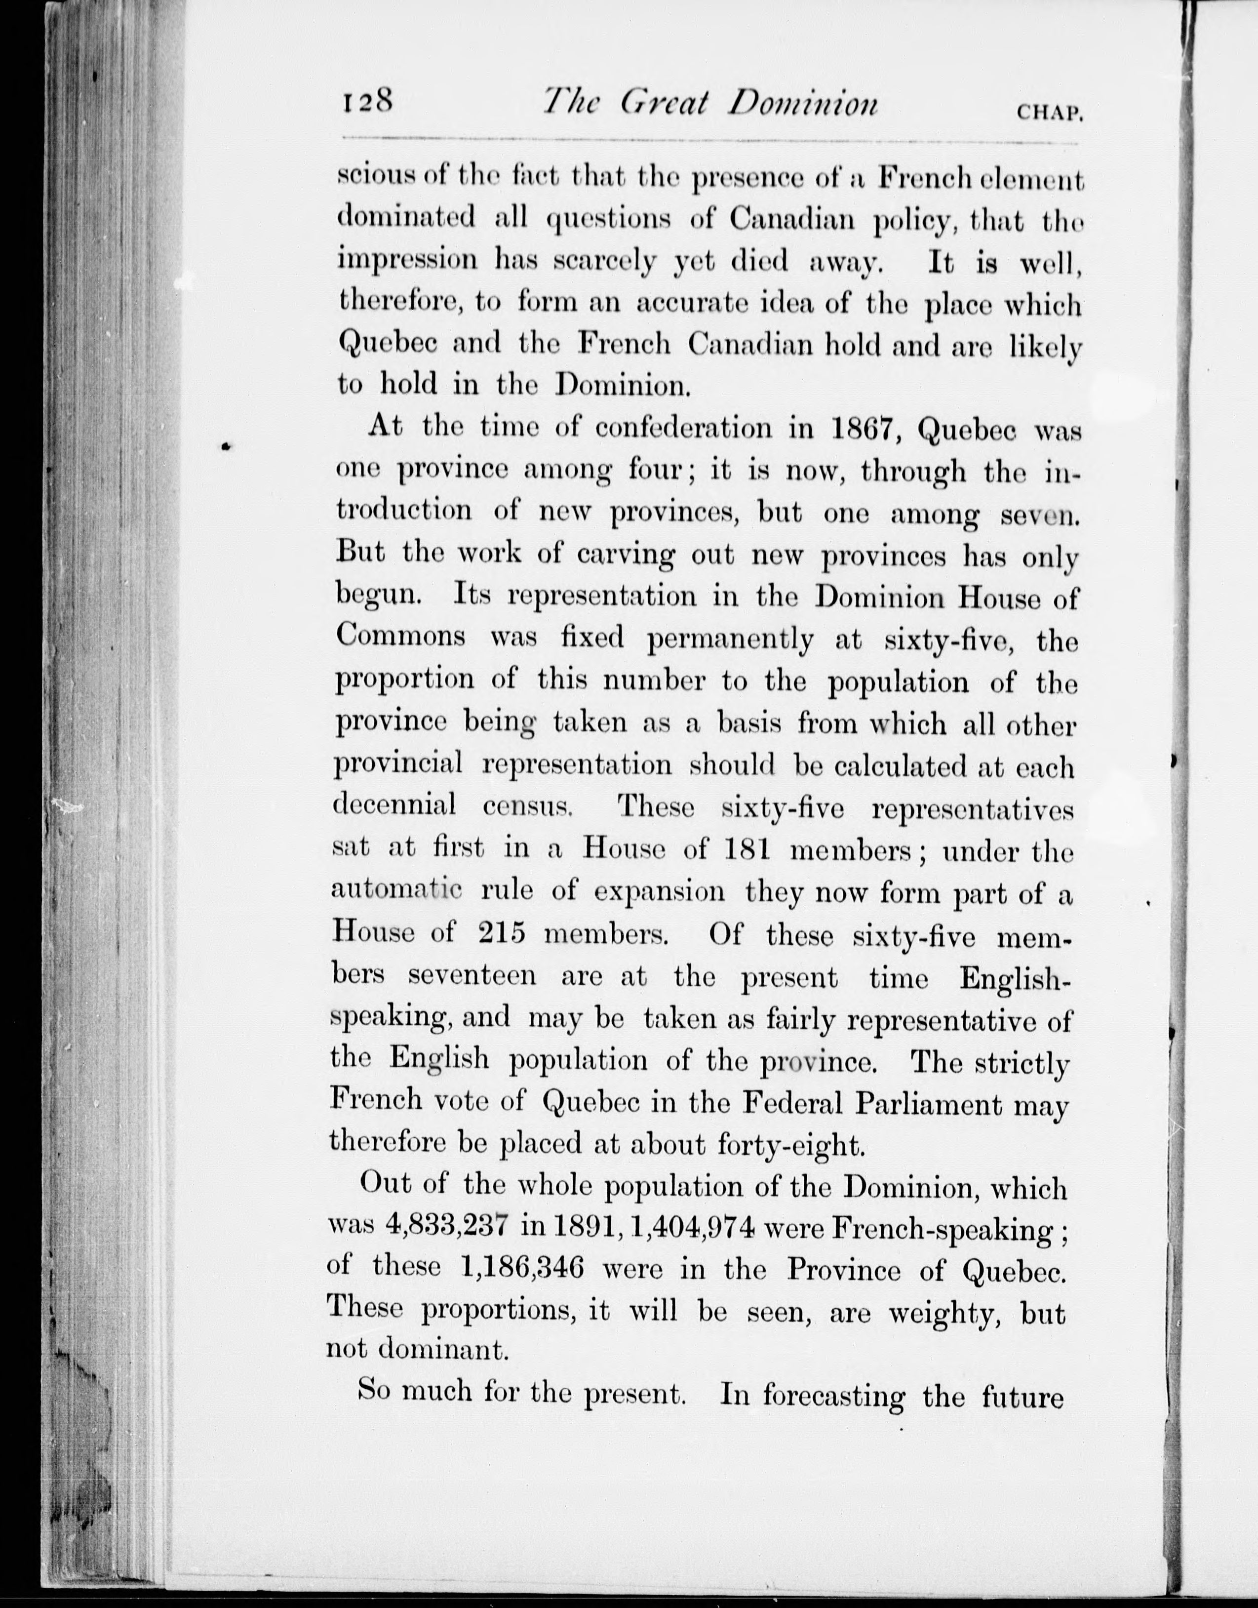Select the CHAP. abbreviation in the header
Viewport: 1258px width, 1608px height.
pyautogui.click(x=1048, y=113)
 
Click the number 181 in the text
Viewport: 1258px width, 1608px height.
pyautogui.click(x=747, y=851)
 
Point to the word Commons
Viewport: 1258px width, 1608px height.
pyautogui.click(x=401, y=637)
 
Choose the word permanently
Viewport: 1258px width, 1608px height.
pyautogui.click(x=731, y=640)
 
